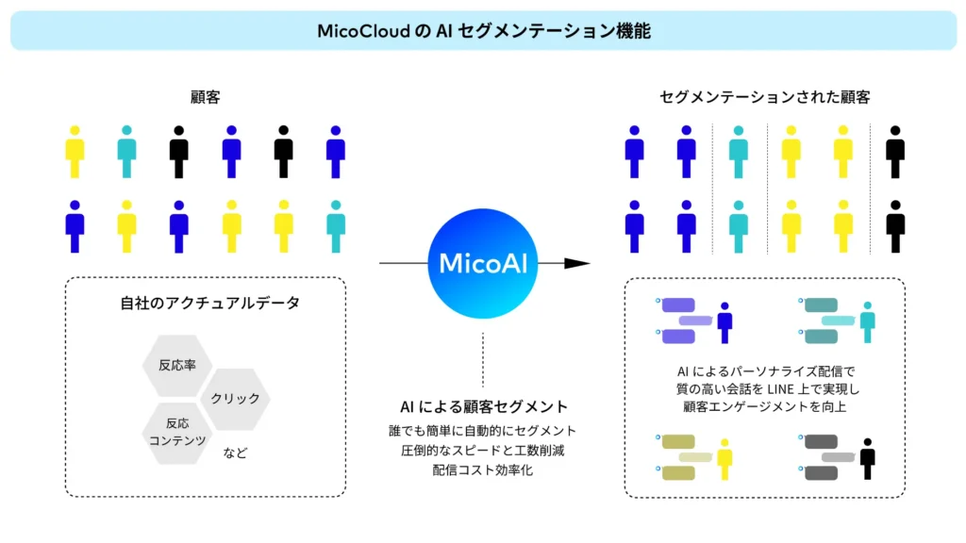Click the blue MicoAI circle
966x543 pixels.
click(482, 263)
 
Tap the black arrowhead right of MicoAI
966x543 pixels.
click(576, 263)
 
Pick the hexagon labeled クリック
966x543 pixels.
click(235, 398)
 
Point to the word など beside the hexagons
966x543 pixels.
click(235, 452)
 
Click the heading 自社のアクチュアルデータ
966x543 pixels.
click(205, 304)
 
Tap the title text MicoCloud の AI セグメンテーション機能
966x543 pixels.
click(483, 31)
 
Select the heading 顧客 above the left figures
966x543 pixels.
click(205, 97)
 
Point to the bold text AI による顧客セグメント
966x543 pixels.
click(482, 407)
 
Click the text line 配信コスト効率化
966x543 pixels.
click(482, 469)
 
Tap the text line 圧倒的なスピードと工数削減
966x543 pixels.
click(482, 450)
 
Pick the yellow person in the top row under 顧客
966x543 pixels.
click(75, 151)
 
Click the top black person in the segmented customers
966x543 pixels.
click(894, 151)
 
